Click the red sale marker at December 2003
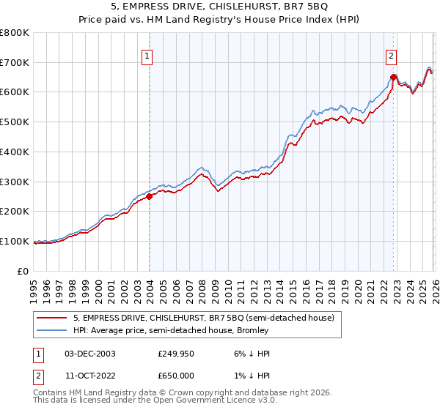[x=150, y=195]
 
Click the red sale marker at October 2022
[x=394, y=77]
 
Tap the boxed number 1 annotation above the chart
[x=147, y=56]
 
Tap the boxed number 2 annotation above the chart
[x=392, y=56]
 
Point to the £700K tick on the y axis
[x=15, y=62]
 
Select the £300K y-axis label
[x=15, y=182]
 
